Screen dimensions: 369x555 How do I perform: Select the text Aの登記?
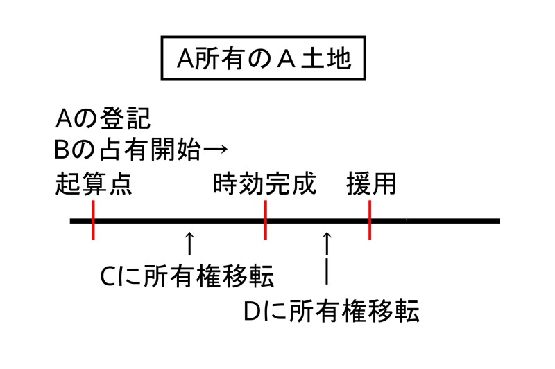102,118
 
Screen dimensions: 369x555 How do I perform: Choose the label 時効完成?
264,185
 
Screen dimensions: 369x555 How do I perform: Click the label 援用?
371,185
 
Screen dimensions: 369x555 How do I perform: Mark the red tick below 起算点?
93,220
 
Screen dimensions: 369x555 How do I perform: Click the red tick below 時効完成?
266,220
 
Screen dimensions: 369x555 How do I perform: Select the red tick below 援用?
370,220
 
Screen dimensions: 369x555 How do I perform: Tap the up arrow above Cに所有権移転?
189,244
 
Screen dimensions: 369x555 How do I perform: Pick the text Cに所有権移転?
187,277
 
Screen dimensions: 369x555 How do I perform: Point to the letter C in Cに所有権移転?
108,278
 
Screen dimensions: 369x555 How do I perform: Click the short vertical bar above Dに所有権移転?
327,271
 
